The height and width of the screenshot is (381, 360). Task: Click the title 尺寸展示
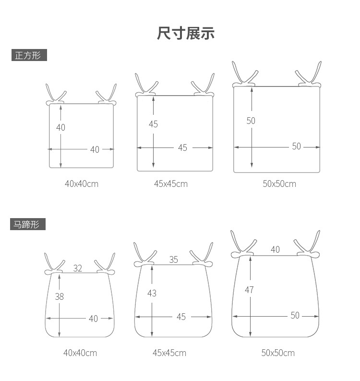[x=185, y=33]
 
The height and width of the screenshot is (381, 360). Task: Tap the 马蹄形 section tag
[x=28, y=224]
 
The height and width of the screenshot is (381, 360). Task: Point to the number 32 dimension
[x=78, y=269]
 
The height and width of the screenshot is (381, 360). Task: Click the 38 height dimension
[x=59, y=296]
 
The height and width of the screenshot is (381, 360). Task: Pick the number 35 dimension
[x=173, y=259]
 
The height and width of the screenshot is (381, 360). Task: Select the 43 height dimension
[x=152, y=293]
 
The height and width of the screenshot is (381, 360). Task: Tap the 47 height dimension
[x=249, y=290]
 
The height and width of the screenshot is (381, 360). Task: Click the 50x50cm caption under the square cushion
[x=279, y=184]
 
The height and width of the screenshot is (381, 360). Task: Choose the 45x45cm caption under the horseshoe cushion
[x=169, y=353]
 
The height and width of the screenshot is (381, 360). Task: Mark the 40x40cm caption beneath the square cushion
[x=82, y=184]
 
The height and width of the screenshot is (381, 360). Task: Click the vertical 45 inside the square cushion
[x=153, y=124]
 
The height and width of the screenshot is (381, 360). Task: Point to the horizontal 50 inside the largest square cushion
[x=296, y=147]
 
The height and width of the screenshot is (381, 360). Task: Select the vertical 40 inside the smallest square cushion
[x=60, y=127]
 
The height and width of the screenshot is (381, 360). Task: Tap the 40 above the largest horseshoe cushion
[x=275, y=249]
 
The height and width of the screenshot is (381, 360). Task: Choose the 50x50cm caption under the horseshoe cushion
[x=278, y=353]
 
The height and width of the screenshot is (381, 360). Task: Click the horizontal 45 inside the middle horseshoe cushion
[x=181, y=317]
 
